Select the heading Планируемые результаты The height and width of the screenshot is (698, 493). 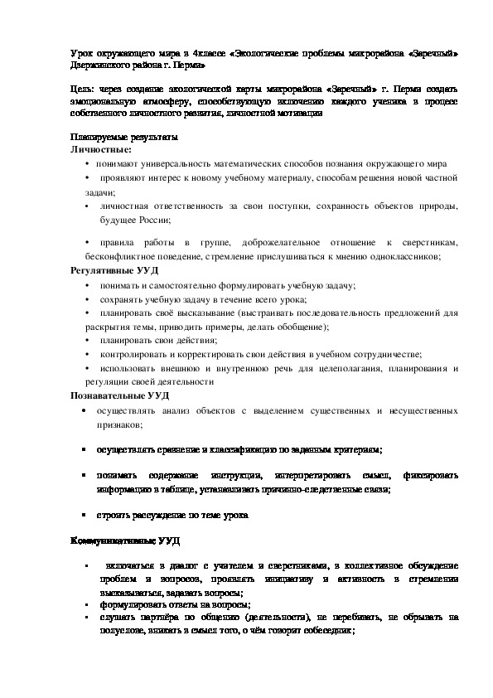coord(123,138)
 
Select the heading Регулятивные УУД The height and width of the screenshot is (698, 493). coord(110,270)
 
